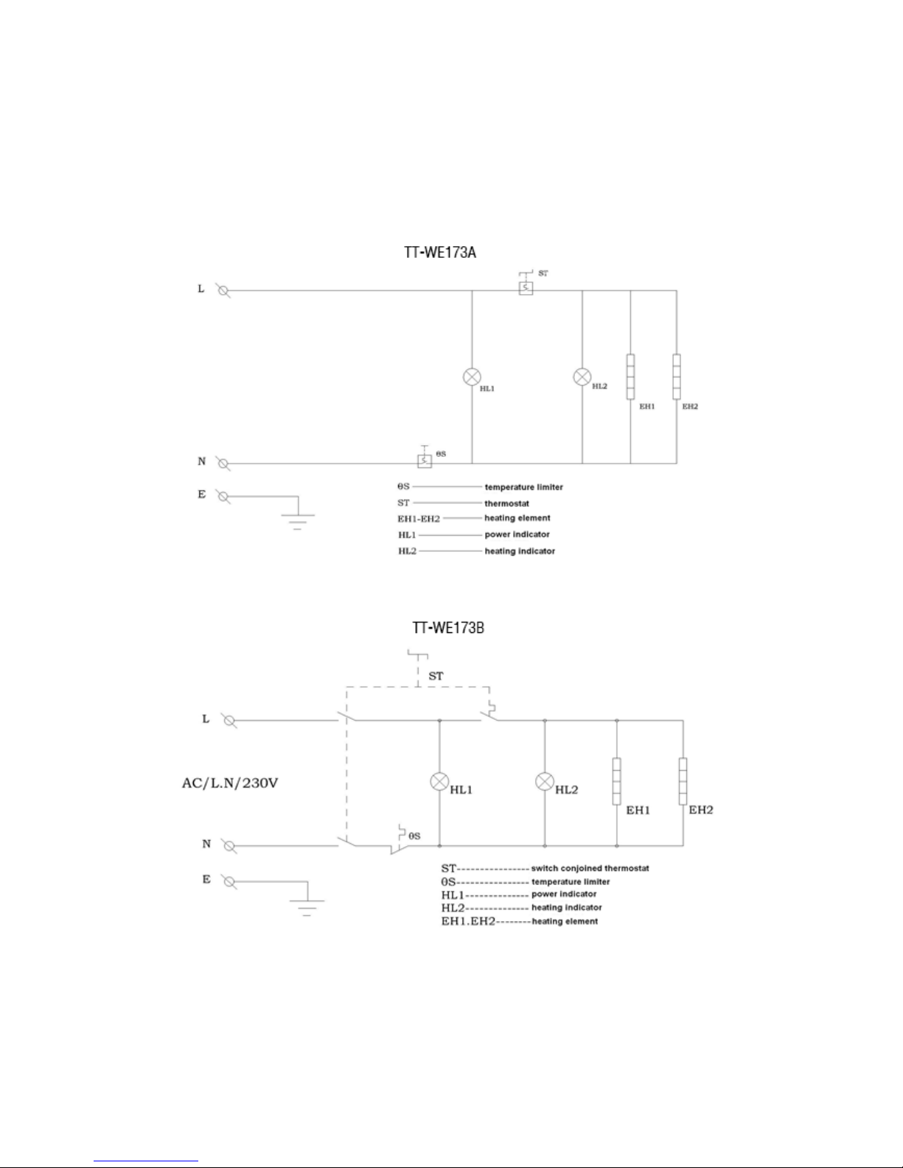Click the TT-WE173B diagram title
(x=447, y=629)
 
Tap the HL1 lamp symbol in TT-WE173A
(x=472, y=377)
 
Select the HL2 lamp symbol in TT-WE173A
(x=582, y=377)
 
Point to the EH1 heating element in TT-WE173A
(x=631, y=377)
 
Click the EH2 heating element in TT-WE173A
(x=677, y=377)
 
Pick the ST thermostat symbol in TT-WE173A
(x=525, y=288)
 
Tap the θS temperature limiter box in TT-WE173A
(x=425, y=461)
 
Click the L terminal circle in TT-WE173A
(x=223, y=291)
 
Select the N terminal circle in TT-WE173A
(x=223, y=464)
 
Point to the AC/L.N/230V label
(x=230, y=783)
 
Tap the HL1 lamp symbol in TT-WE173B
(x=439, y=781)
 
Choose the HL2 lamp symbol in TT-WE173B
(x=545, y=781)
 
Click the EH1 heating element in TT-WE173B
(x=617, y=781)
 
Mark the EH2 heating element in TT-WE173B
(x=683, y=781)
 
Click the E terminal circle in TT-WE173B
(x=229, y=881)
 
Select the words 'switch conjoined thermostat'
(x=590, y=868)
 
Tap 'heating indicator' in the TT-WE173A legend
(x=520, y=551)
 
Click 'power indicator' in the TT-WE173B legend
(x=564, y=894)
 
